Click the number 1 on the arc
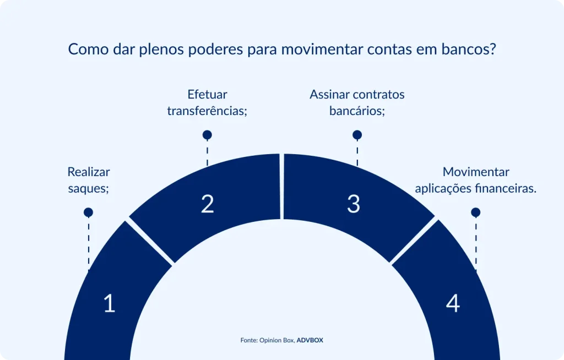point(109,303)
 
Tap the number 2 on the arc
point(207,204)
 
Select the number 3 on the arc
point(354,204)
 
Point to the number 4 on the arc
point(453,303)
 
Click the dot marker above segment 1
point(88,212)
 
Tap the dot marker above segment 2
point(207,135)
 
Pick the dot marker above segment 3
point(357,135)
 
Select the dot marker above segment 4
point(476,212)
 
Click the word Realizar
point(88,172)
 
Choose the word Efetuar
point(207,94)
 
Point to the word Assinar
point(329,94)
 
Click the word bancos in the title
point(468,50)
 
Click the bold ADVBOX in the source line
point(310,340)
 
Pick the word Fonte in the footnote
point(249,340)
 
